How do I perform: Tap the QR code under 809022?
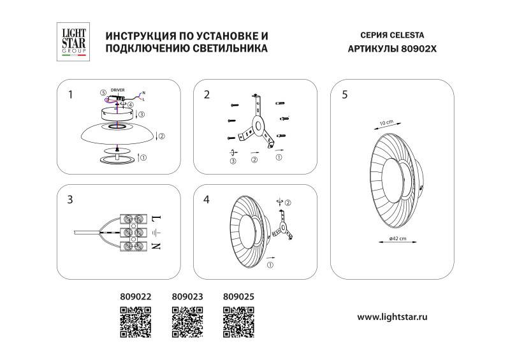(x=136, y=320)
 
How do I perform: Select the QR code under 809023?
(x=187, y=320)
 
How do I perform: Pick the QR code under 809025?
(x=239, y=320)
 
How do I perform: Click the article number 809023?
(x=187, y=296)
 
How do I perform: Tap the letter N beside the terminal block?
(x=156, y=245)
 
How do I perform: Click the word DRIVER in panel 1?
(x=117, y=91)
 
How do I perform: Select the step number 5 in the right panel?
(x=345, y=95)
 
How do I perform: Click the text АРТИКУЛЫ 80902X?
(x=392, y=48)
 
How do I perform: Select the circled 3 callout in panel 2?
(x=233, y=162)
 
